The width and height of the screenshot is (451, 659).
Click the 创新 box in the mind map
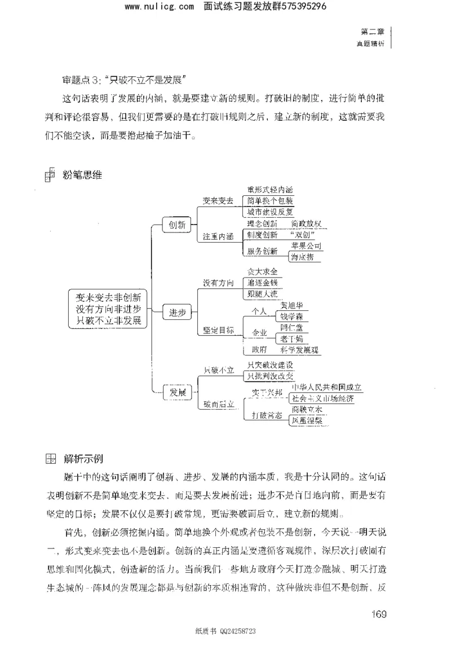[x=174, y=225]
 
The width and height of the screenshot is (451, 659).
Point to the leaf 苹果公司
[x=307, y=246]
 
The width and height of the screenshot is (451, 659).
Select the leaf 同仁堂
[x=291, y=327]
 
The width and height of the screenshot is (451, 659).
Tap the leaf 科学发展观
[x=300, y=350]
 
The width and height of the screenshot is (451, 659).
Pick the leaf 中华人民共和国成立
[x=326, y=388]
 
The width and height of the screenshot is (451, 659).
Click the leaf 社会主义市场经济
[x=326, y=398]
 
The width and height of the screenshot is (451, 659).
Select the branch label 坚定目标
[x=218, y=330]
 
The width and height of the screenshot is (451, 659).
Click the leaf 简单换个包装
[x=270, y=201]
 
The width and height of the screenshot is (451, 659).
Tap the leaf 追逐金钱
[x=263, y=282]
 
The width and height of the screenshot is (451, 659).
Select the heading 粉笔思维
[x=82, y=175]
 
